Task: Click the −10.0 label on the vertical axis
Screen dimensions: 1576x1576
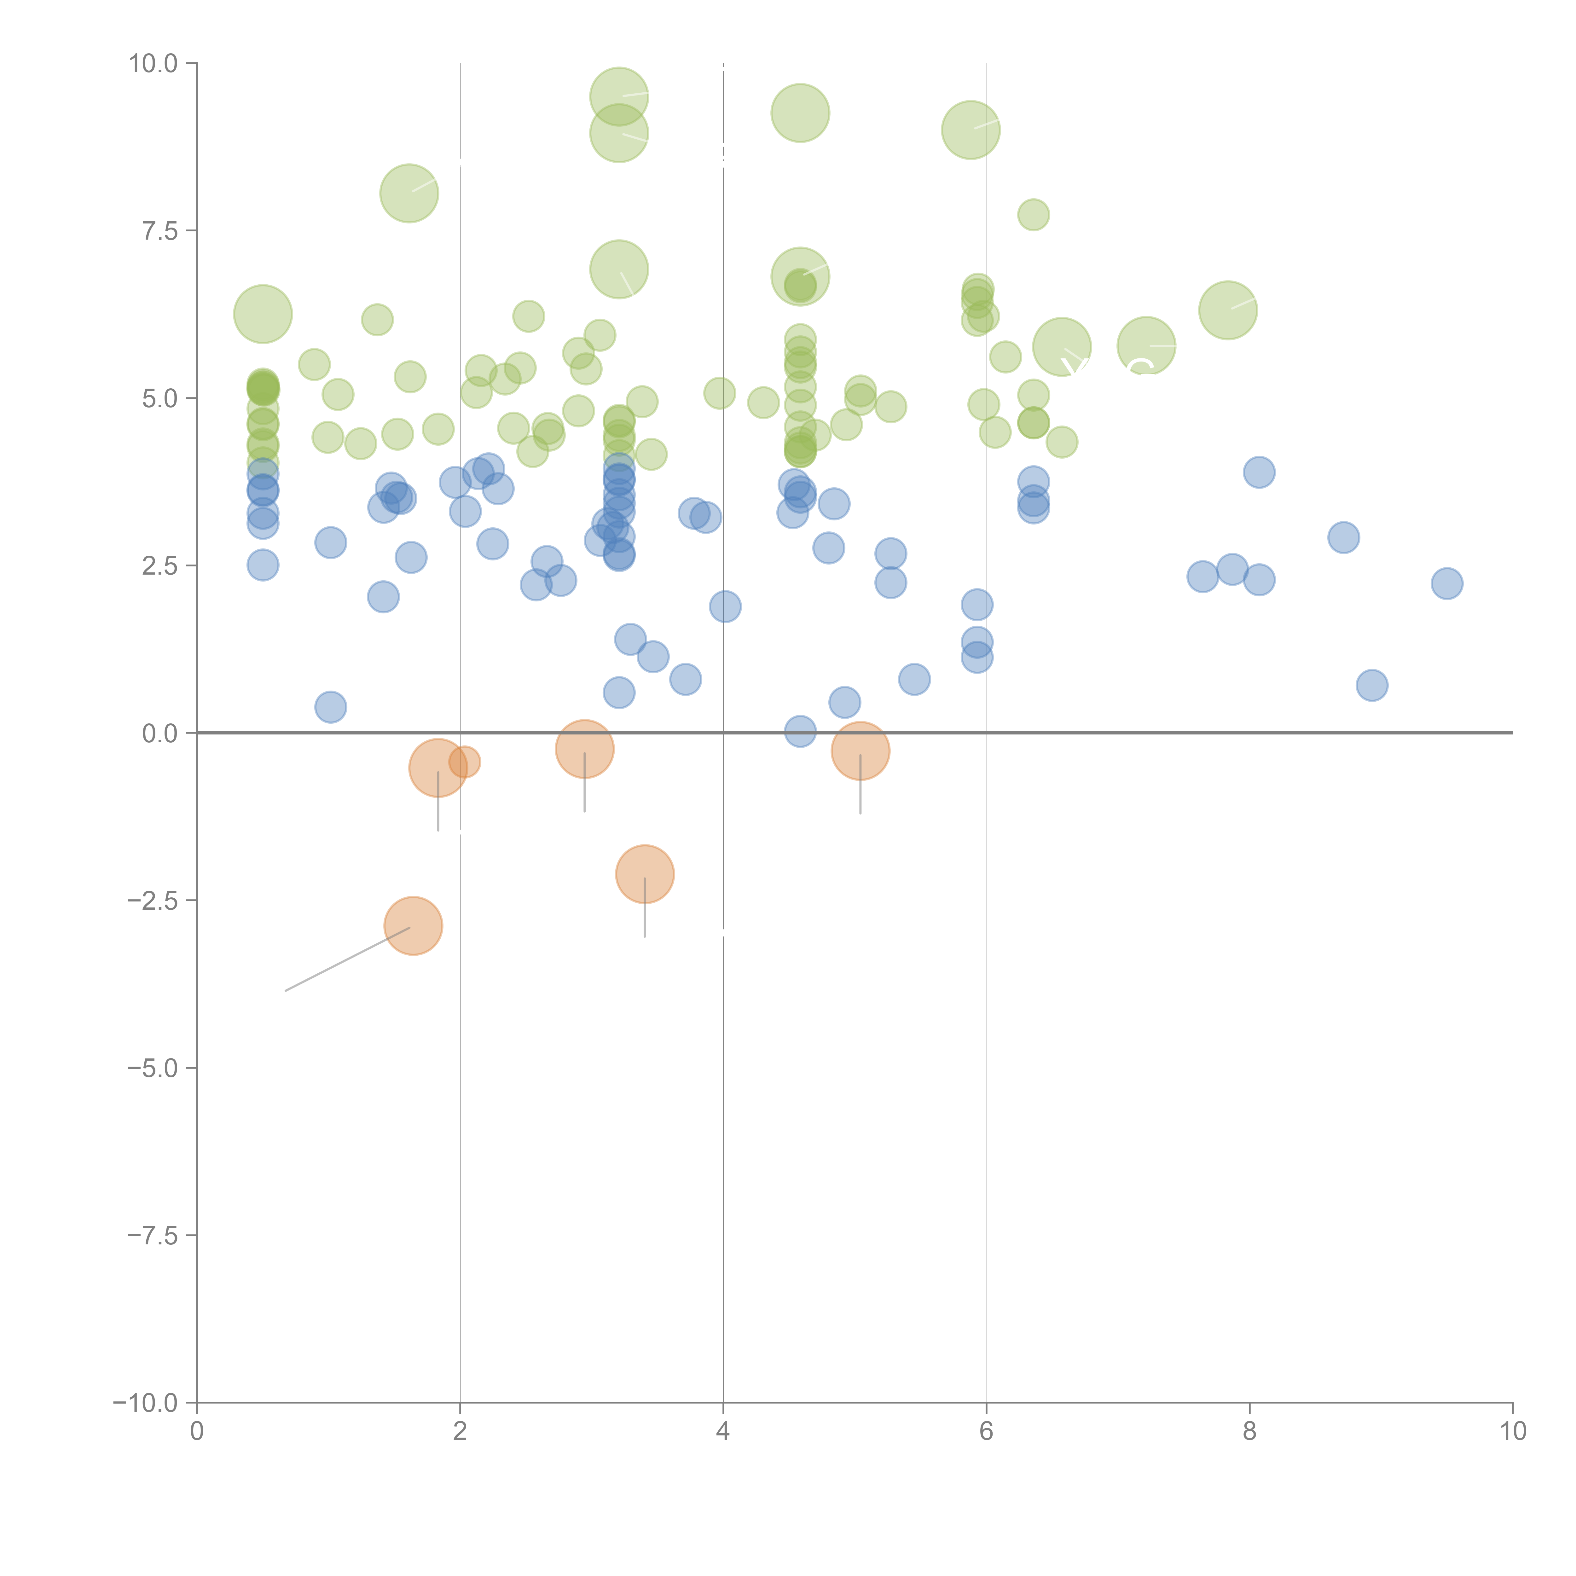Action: (x=145, y=1403)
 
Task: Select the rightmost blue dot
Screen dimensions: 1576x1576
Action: (x=1446, y=583)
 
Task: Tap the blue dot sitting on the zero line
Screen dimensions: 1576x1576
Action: (x=800, y=732)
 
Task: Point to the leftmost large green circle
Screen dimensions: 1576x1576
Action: (x=263, y=314)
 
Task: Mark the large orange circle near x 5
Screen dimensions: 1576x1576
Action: (x=860, y=750)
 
